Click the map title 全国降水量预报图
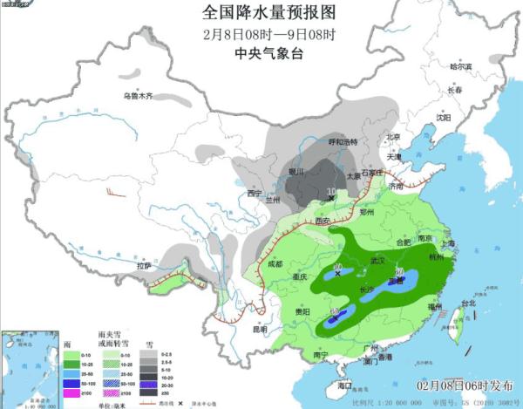[x=261, y=14]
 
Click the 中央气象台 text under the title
[x=261, y=53]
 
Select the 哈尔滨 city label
[x=459, y=66]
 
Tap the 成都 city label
[x=275, y=262]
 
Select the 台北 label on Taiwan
[x=468, y=304]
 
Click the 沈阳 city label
[x=444, y=117]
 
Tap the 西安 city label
[x=323, y=222]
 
